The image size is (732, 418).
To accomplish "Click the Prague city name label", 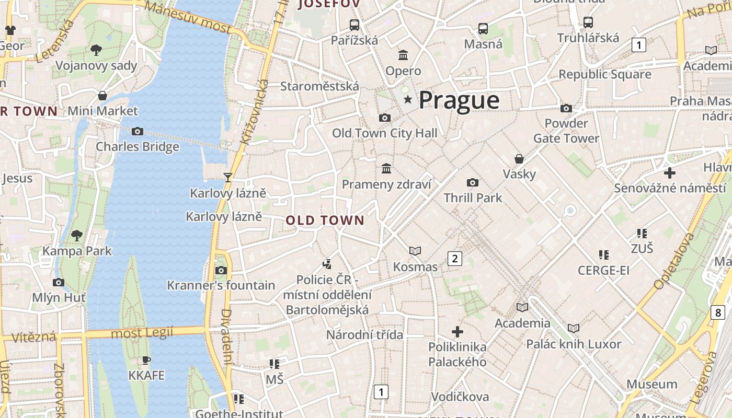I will tap(459, 100).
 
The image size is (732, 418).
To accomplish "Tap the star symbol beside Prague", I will tap(408, 99).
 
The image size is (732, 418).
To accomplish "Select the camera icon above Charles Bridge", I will tap(138, 131).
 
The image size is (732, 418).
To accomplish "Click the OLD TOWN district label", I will tap(325, 220).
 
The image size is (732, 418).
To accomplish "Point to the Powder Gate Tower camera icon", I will tap(566, 108).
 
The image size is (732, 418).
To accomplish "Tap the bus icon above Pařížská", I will tap(354, 25).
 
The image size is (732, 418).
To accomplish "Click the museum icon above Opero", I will tap(403, 55).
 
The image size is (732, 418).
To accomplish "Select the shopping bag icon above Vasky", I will tap(519, 158).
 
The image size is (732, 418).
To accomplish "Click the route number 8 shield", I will tap(718, 312).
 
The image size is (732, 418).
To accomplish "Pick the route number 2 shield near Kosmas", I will tap(455, 258).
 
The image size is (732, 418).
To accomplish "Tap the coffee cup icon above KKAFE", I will tap(146, 360).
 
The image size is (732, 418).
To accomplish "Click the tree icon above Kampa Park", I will tap(77, 235).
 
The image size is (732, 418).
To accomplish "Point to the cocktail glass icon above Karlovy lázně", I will tap(228, 177).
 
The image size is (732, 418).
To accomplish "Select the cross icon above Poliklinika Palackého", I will tap(458, 332).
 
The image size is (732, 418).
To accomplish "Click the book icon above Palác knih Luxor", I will tap(574, 328).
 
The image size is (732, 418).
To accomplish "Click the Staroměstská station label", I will tap(319, 86).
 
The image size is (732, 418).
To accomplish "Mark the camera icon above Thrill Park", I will tap(473, 182).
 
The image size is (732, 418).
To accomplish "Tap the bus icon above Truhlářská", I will tap(588, 22).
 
